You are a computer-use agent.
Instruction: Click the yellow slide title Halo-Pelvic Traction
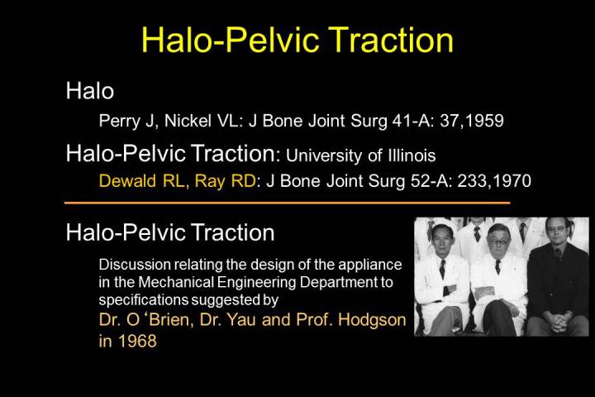[297, 40]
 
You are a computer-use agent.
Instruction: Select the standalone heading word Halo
[90, 91]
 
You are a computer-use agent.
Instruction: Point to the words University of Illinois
[360, 155]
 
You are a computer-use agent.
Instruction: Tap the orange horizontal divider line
[288, 203]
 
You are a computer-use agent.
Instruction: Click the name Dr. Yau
[227, 319]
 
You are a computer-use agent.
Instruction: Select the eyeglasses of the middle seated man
[498, 242]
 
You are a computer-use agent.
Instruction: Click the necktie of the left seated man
[442, 269]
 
